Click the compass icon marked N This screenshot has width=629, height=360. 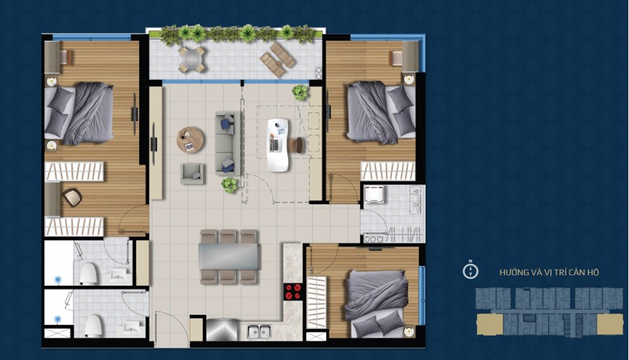470,271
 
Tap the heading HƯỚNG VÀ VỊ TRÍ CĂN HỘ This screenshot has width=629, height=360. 549,272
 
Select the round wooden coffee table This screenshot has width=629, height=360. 190,140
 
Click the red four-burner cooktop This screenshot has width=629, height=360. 293,292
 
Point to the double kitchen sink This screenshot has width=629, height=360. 259,331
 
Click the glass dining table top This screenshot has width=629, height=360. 228,257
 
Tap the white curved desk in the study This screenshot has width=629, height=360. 277,145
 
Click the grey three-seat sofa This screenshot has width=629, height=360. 227,143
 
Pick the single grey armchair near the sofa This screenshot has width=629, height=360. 192,173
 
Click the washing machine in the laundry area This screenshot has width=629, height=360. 374,194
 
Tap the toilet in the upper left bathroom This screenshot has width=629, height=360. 88,273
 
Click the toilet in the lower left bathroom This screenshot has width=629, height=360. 93,325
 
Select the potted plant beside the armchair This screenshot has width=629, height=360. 230,185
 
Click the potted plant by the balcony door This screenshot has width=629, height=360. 300,92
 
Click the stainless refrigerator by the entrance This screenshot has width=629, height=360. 223,330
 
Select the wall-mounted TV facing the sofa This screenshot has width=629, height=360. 153,144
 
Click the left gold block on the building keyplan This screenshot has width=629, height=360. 490,324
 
